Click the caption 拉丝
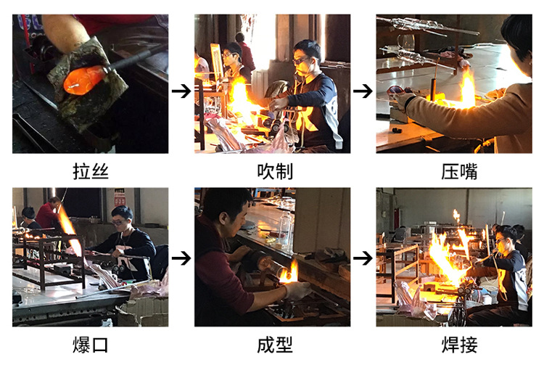(91, 171)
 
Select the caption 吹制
(272, 171)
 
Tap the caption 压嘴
(454, 171)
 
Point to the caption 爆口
(91, 345)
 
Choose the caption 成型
(272, 345)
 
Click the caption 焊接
(454, 345)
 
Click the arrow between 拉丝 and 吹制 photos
(181, 91)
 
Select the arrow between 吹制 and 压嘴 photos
(363, 91)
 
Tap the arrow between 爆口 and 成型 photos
(181, 258)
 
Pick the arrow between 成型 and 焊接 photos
(363, 258)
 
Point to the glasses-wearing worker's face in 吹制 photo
(303, 57)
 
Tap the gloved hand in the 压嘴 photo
(403, 100)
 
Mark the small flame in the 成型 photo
(292, 272)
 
